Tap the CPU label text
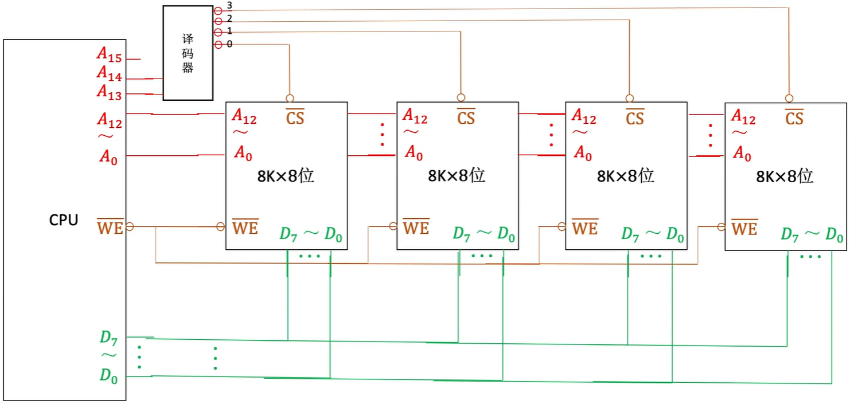tap(63, 220)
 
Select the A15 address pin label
tap(110, 54)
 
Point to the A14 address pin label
tap(110, 73)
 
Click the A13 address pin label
tap(110, 92)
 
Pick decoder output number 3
tap(229, 5)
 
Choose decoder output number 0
tap(229, 44)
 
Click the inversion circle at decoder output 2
tap(218, 21)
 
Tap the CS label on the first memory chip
tap(295, 117)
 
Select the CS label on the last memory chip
tap(794, 117)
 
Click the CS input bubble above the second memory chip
tap(461, 98)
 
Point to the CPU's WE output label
tap(110, 227)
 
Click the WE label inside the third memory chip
tap(585, 228)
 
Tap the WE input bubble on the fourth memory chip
tap(721, 227)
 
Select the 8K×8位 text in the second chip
tap(457, 175)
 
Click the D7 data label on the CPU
tap(108, 338)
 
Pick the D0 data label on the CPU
tap(108, 375)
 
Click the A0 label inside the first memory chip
tap(243, 153)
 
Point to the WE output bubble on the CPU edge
tap(130, 226)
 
